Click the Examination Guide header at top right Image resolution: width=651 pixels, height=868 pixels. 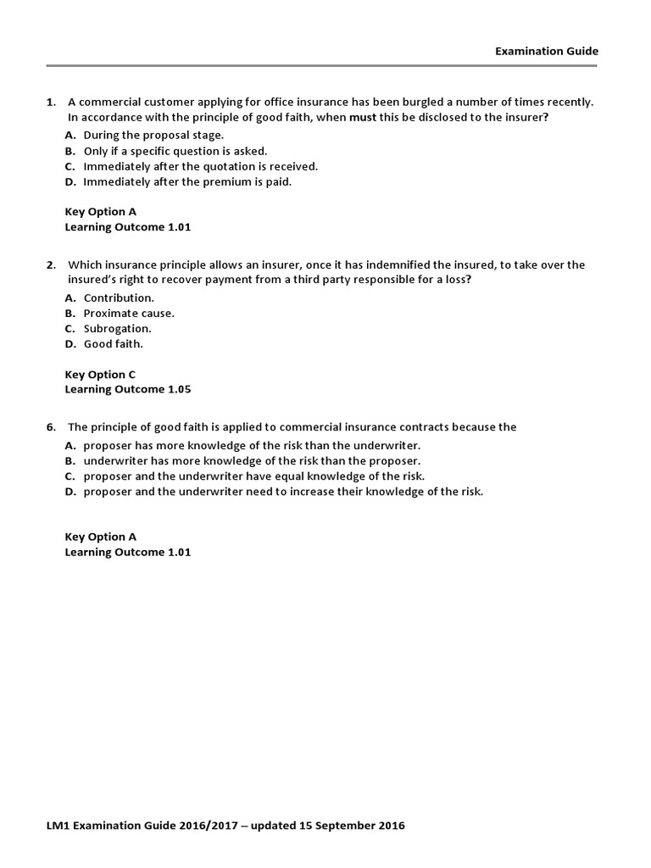(547, 51)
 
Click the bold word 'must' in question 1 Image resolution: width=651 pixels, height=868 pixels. (363, 118)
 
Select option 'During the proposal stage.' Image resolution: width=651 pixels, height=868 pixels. (153, 135)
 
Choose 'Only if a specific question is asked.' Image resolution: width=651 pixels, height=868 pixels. (175, 151)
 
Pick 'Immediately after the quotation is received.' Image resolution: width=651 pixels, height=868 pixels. (200, 166)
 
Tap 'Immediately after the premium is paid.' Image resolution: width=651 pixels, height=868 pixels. (187, 181)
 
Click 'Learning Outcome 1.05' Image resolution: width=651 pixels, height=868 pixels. (128, 390)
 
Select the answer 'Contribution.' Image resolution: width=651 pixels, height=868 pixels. (119, 298)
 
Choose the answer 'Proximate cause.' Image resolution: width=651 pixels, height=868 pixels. (129, 313)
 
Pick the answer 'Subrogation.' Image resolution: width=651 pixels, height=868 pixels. (117, 328)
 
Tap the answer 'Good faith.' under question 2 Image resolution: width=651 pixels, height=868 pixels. (114, 344)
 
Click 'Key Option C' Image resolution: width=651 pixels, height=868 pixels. (100, 375)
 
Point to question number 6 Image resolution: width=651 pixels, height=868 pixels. (51, 427)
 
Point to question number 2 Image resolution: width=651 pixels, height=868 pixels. (51, 265)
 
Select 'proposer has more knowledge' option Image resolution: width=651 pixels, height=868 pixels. (252, 445)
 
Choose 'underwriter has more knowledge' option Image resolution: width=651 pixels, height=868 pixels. (252, 460)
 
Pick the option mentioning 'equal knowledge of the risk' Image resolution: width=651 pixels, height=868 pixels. (254, 476)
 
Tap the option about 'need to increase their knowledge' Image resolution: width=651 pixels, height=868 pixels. (283, 492)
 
